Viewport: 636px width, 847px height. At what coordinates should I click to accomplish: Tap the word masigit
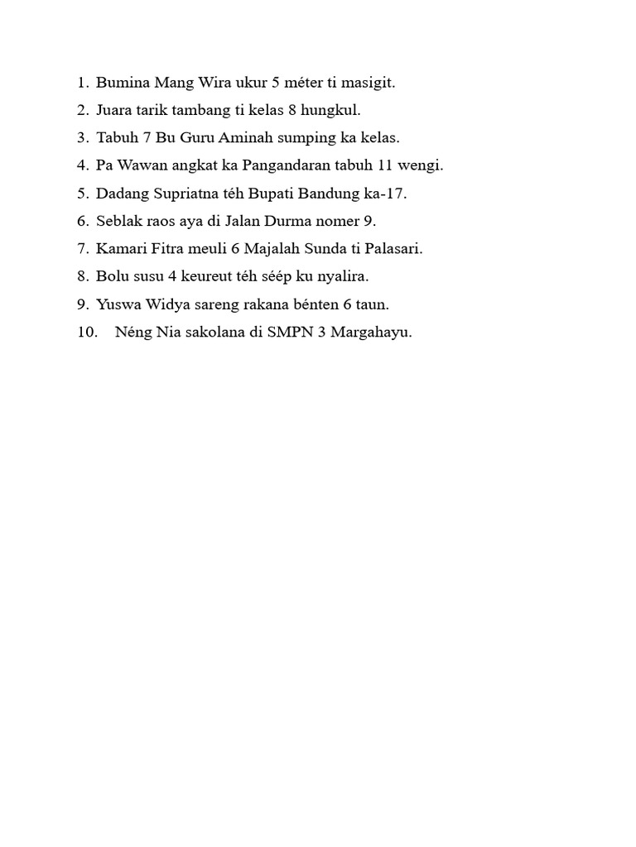[x=369, y=83]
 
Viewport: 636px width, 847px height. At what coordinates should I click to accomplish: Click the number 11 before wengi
[x=385, y=165]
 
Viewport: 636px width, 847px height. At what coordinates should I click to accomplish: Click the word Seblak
[x=118, y=221]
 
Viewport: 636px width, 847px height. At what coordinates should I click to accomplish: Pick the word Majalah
[x=276, y=248]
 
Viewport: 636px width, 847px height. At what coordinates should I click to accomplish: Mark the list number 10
[x=88, y=333]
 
